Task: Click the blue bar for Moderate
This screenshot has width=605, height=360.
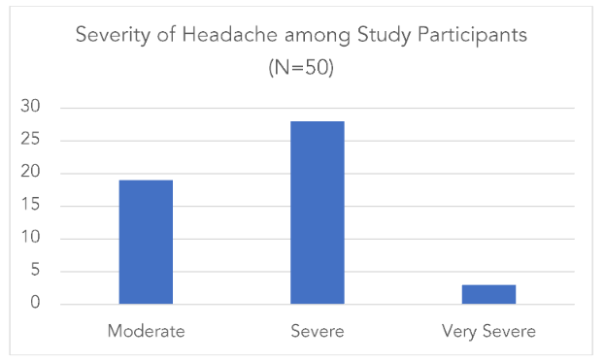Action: tap(146, 242)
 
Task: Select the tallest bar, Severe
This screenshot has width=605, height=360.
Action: tap(317, 213)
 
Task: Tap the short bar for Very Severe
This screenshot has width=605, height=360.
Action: tap(488, 294)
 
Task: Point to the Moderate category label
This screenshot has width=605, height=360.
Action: tap(146, 332)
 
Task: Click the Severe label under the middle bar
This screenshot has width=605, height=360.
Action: tap(317, 332)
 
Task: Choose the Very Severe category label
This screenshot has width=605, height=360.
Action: tap(488, 332)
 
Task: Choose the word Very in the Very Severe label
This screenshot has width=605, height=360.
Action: tap(459, 332)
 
